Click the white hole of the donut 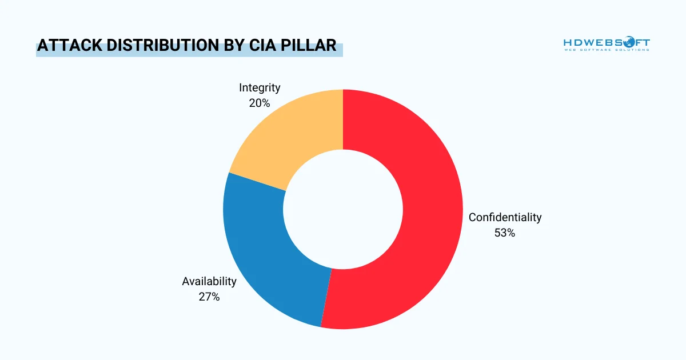(x=343, y=209)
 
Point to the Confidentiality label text (x=505, y=217)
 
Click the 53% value (x=505, y=233)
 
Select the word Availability (x=209, y=281)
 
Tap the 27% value (x=209, y=297)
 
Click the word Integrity (x=260, y=87)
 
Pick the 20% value (x=260, y=103)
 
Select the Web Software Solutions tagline (x=607, y=50)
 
